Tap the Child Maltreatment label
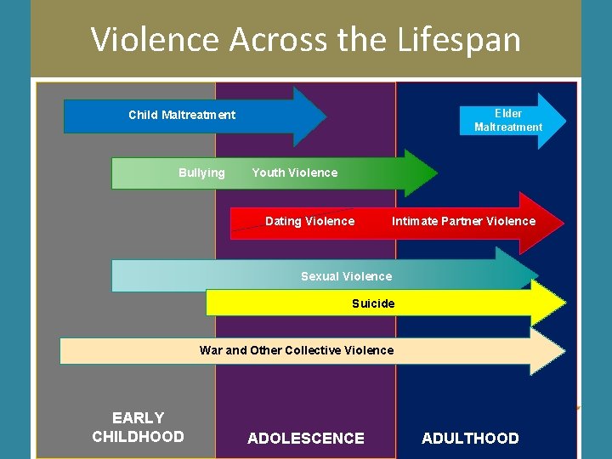tap(182, 115)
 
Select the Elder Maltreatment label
tap(507, 120)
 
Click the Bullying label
tap(201, 173)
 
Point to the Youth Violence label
tap(294, 173)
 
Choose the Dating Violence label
tap(309, 221)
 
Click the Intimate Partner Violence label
tap(463, 221)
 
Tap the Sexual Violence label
tap(346, 276)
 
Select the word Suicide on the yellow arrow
tap(373, 303)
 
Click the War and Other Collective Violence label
tap(297, 350)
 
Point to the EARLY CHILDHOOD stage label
tap(138, 427)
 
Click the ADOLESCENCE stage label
tap(305, 439)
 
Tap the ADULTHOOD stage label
tap(470, 439)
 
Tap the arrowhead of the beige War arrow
tap(548, 351)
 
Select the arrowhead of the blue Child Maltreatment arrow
tap(309, 116)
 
